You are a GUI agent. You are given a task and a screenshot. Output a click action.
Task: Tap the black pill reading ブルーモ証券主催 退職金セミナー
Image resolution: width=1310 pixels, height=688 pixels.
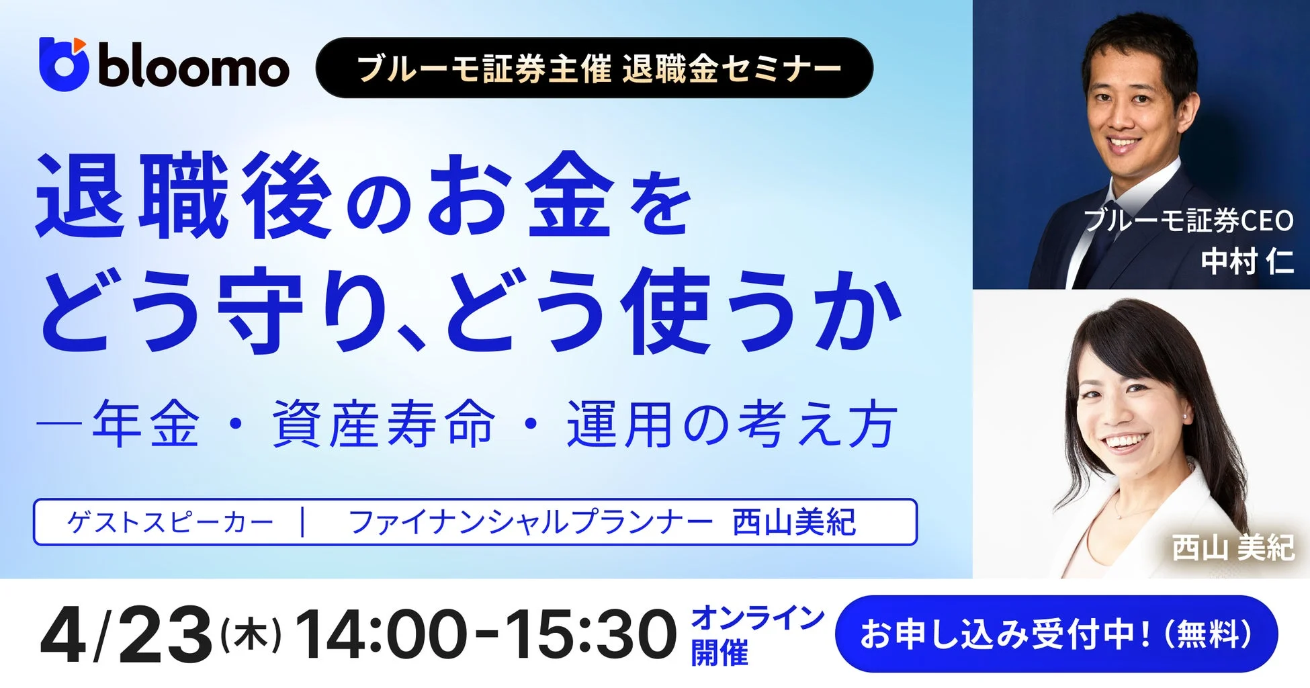[594, 68]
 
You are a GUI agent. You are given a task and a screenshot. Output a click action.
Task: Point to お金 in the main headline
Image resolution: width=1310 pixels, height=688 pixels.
[521, 197]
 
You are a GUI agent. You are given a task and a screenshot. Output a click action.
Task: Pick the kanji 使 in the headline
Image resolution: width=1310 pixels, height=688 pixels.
[665, 310]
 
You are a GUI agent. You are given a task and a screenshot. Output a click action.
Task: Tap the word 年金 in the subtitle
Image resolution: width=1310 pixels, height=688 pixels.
[146, 425]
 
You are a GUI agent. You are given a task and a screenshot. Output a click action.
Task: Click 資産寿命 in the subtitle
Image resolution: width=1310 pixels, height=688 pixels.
[384, 425]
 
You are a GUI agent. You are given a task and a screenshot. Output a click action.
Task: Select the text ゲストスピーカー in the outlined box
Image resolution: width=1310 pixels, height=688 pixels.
[170, 522]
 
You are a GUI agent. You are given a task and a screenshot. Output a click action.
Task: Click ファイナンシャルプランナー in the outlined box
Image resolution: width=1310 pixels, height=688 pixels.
[531, 522]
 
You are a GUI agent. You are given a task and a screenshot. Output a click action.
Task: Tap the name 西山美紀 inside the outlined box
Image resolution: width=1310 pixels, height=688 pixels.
[794, 522]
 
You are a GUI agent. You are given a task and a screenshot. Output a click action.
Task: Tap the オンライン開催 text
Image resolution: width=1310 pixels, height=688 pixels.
[757, 635]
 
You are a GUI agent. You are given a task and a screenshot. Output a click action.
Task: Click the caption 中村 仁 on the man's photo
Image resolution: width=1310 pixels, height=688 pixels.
[1247, 261]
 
